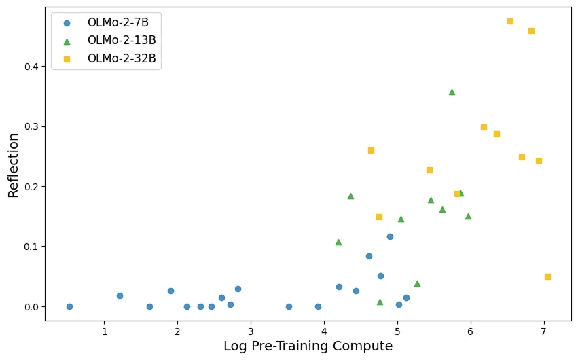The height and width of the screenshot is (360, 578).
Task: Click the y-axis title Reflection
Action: pyautogui.click(x=14, y=165)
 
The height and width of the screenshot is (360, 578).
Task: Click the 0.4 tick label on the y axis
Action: pyautogui.click(x=31, y=67)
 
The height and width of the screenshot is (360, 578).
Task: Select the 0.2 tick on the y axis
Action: pyautogui.click(x=31, y=187)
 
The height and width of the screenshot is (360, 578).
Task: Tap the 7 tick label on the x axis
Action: pyautogui.click(x=543, y=331)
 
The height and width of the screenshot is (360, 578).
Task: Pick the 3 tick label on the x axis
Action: pyautogui.click(x=251, y=331)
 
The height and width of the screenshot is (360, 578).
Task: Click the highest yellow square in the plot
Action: pyautogui.click(x=510, y=21)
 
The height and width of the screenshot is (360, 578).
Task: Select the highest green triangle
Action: pyautogui.click(x=452, y=92)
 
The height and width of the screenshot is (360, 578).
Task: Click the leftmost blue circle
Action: pyautogui.click(x=69, y=306)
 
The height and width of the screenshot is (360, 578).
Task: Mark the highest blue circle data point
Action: pyautogui.click(x=390, y=236)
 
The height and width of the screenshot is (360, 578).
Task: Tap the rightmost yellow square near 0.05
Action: pyautogui.click(x=547, y=276)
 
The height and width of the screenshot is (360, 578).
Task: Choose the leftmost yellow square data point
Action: pyautogui.click(x=371, y=150)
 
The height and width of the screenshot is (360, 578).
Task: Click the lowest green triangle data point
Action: pyautogui.click(x=380, y=302)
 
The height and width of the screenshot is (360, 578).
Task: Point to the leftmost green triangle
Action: pyautogui.click(x=338, y=242)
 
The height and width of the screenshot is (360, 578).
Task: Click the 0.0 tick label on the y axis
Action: pyautogui.click(x=31, y=307)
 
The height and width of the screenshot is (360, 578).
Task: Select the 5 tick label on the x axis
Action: pyautogui.click(x=397, y=331)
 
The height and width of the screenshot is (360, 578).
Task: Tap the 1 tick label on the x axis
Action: pyautogui.click(x=105, y=331)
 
